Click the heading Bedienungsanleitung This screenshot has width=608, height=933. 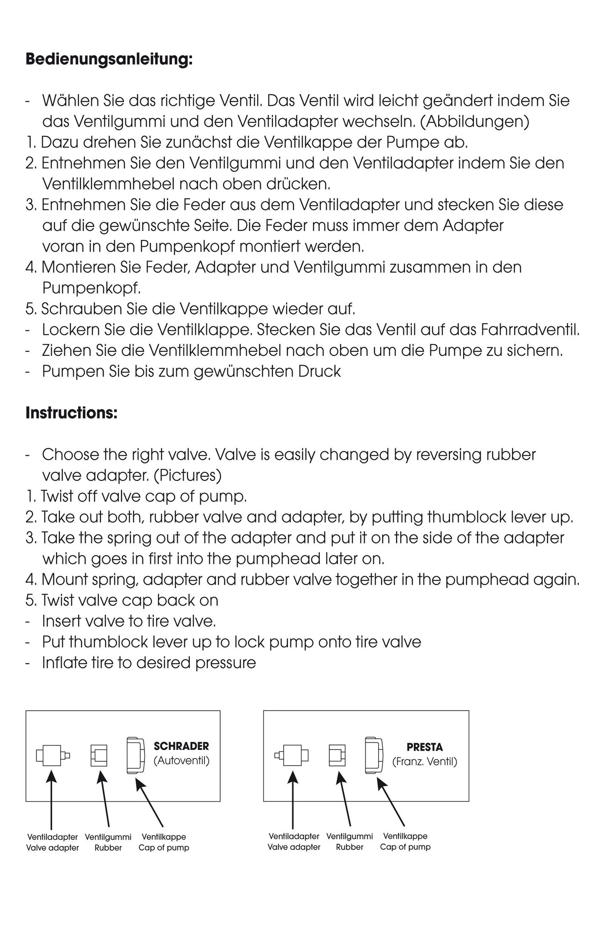point(109,59)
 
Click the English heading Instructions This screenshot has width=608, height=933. point(71,413)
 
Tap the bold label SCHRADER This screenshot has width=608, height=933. point(181,746)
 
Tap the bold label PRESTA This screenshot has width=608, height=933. point(424,747)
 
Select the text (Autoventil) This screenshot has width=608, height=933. point(181,761)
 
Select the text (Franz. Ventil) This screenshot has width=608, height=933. point(424,762)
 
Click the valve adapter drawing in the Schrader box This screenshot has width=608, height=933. point(52,755)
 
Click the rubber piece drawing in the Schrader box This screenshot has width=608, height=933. point(99,755)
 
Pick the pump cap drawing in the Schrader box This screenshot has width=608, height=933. point(136,755)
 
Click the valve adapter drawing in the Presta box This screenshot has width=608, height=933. point(292,755)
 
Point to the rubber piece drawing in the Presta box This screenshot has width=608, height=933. point(337,755)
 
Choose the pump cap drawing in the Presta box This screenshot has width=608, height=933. point(374,755)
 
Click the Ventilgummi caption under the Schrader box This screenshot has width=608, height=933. point(108,837)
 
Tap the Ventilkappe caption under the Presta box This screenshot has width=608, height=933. point(405,836)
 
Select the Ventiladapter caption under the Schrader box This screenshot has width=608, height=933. point(52,837)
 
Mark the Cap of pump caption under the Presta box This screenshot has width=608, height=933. point(405,847)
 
